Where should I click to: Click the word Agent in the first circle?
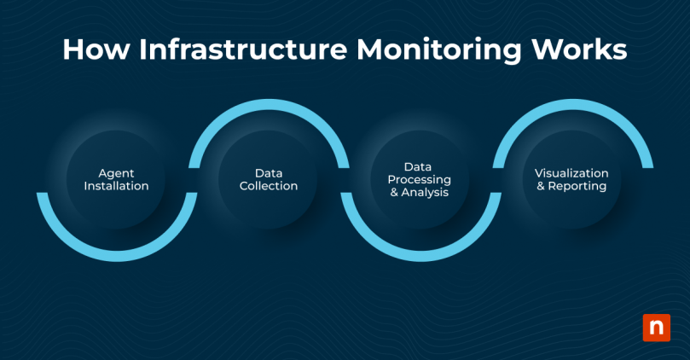pos(116,172)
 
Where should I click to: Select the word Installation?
pos(116,186)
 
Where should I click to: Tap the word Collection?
pos(269,186)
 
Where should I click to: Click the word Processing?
pos(420,180)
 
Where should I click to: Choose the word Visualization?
pos(572,172)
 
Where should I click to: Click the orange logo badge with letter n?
pos(656,328)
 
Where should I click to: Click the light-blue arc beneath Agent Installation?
pos(116,254)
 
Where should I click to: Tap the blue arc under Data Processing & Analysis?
pos(420,254)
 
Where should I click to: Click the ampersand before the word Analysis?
pos(394,193)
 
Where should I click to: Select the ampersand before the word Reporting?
pos(542,186)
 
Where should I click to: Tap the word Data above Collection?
pos(269,172)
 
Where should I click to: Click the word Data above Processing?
pos(420,166)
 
